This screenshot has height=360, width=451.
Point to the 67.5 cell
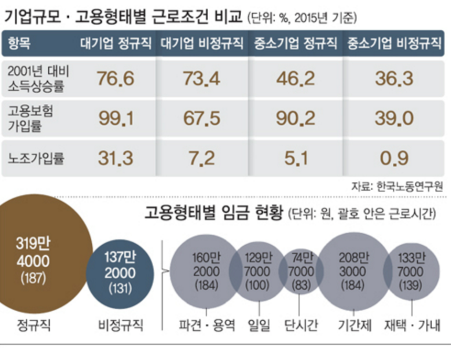(x=201, y=118)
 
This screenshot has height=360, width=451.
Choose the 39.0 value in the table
(x=394, y=118)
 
